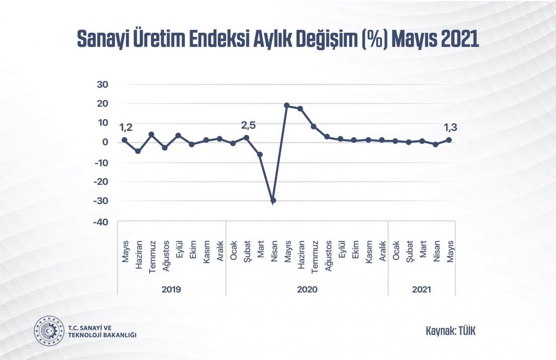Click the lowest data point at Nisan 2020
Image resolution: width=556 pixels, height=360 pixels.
click(273, 200)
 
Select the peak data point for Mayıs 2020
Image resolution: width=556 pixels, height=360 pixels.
click(287, 106)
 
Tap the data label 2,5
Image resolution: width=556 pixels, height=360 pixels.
click(248, 125)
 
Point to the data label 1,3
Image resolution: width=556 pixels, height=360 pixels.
click(449, 128)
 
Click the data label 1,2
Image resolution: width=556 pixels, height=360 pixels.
click(126, 127)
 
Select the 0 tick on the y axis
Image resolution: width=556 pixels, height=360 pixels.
click(105, 143)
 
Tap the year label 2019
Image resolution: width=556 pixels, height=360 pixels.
click(171, 290)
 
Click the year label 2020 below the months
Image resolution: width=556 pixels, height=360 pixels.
click(307, 290)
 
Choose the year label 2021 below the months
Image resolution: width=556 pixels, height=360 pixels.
click(422, 290)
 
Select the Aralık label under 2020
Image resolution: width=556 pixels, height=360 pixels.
click(382, 252)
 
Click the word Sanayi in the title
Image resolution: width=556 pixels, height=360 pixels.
click(101, 39)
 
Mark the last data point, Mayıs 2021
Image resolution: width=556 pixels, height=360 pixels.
click(449, 140)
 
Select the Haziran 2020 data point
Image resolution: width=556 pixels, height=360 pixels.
click(300, 109)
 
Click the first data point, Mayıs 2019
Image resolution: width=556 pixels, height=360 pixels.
click(125, 140)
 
